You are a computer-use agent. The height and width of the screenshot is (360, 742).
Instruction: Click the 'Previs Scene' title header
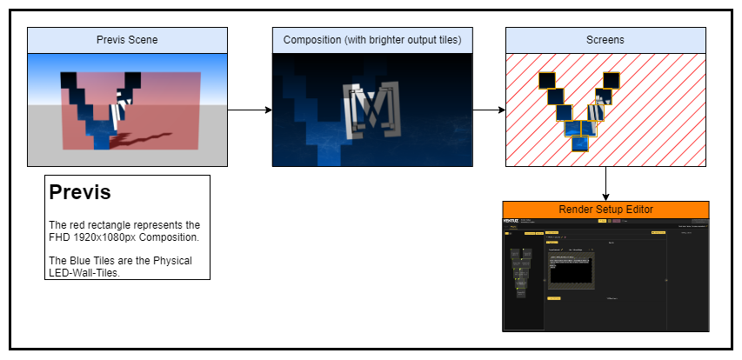tap(127, 41)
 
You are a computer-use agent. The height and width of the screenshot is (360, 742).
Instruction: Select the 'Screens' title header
tap(605, 41)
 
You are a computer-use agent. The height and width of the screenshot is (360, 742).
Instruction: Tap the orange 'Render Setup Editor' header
tap(605, 210)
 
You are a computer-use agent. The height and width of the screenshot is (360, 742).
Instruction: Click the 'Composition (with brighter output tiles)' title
tap(371, 41)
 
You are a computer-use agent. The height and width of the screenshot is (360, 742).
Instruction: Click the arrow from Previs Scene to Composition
tap(250, 110)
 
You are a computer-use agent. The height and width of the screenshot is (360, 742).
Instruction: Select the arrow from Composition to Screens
tap(489, 110)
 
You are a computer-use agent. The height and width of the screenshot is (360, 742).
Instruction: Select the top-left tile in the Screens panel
tap(547, 81)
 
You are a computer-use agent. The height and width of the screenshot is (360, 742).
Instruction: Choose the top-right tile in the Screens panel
tap(612, 81)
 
